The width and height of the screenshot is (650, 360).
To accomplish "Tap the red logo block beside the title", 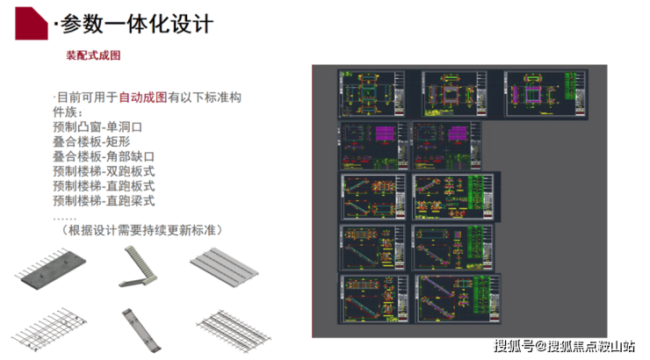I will tap(31, 20).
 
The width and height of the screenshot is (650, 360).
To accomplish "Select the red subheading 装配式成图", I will tap(93, 55).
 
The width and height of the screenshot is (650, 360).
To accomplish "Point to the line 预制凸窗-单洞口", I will tap(97, 127).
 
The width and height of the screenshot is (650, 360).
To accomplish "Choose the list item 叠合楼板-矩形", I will tap(91, 142).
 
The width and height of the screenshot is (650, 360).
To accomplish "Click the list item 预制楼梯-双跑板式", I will tap(104, 172).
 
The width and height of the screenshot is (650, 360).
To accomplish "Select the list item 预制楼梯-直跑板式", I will tap(104, 186).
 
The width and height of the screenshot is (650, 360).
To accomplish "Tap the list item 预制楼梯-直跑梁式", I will tap(104, 201).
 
